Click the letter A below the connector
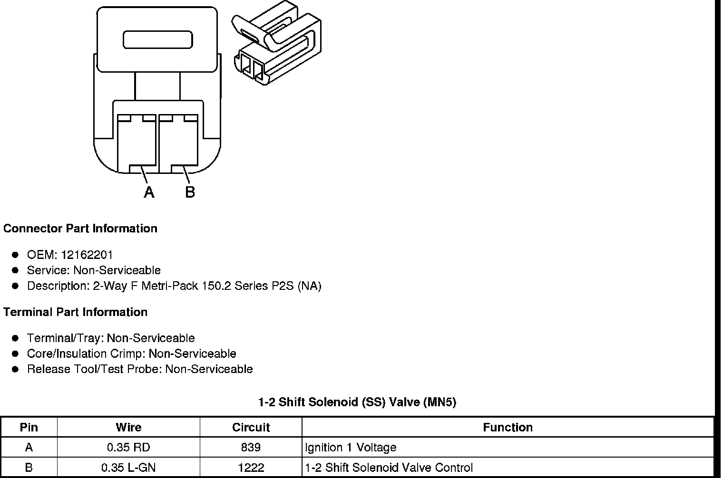pyautogui.click(x=149, y=192)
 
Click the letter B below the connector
pyautogui.click(x=190, y=192)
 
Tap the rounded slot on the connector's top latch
pyautogui.click(x=157, y=40)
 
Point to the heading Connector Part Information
pyautogui.click(x=80, y=229)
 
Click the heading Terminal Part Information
pyautogui.click(x=75, y=312)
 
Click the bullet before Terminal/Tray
pyautogui.click(x=15, y=338)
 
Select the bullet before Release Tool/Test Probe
pyautogui.click(x=15, y=369)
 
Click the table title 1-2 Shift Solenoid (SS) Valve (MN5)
pyautogui.click(x=357, y=402)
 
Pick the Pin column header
pyautogui.click(x=29, y=427)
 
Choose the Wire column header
pyautogui.click(x=128, y=427)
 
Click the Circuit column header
pyautogui.click(x=251, y=427)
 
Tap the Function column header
pyautogui.click(x=508, y=427)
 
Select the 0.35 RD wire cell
pyautogui.click(x=128, y=448)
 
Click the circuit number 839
pyautogui.click(x=251, y=448)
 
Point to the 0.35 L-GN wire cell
pyautogui.click(x=128, y=468)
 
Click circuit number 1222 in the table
pyautogui.click(x=251, y=468)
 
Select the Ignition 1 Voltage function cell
pyautogui.click(x=351, y=448)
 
